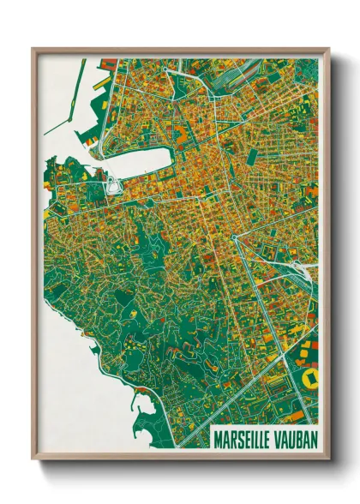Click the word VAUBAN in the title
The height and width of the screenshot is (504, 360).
[294, 438]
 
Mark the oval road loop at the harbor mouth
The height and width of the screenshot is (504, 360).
[111, 183]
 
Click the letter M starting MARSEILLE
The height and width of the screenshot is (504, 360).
[218, 438]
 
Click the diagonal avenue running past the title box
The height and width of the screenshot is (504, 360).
[257, 403]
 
